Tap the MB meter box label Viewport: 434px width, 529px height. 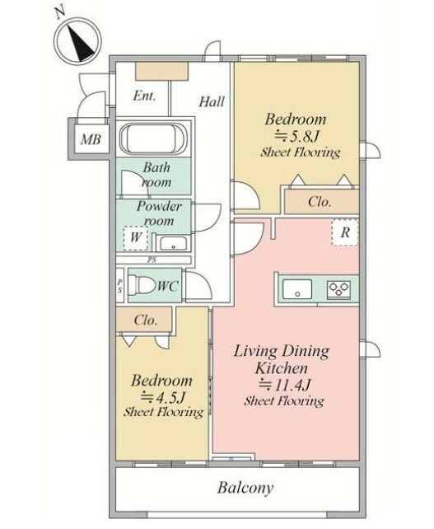(91, 139)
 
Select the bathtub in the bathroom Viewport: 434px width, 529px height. (152, 138)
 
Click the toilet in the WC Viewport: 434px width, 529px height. (142, 285)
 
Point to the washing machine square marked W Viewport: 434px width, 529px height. (136, 238)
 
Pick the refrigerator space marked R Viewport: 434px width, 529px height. (344, 232)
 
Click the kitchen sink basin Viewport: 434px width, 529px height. (297, 289)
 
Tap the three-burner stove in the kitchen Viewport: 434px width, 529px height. (338, 289)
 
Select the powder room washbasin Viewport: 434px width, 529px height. (173, 243)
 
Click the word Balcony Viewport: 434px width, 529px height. (245, 488)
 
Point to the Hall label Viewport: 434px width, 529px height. (212, 101)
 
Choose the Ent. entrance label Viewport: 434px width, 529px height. (145, 96)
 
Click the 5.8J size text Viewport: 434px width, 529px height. (296, 136)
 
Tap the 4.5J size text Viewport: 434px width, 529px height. (163, 397)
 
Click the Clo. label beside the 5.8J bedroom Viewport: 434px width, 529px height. (320, 202)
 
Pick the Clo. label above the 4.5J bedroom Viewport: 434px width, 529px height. (145, 320)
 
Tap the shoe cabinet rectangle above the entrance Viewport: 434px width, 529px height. (161, 72)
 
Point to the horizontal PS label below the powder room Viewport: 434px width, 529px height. (152, 260)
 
